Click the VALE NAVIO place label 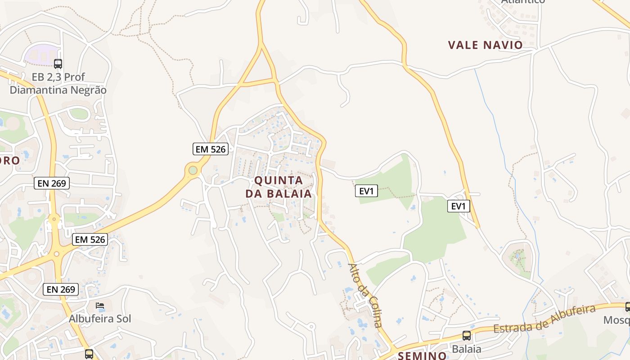[x=485, y=45]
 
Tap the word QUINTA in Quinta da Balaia [x=279, y=180]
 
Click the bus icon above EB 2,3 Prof [x=58, y=64]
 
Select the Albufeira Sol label [x=100, y=319]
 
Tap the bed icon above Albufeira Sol [x=100, y=306]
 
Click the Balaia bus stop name [x=467, y=349]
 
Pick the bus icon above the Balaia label [x=467, y=336]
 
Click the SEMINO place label [x=422, y=355]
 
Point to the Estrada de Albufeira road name [x=544, y=319]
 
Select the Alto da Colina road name [x=366, y=295]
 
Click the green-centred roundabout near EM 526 [x=193, y=171]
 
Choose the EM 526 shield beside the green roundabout [x=211, y=149]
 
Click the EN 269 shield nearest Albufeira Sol [x=61, y=289]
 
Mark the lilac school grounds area [x=41, y=54]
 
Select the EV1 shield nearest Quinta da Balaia [x=366, y=191]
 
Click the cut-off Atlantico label [x=523, y=2]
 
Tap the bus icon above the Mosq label [x=627, y=307]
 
